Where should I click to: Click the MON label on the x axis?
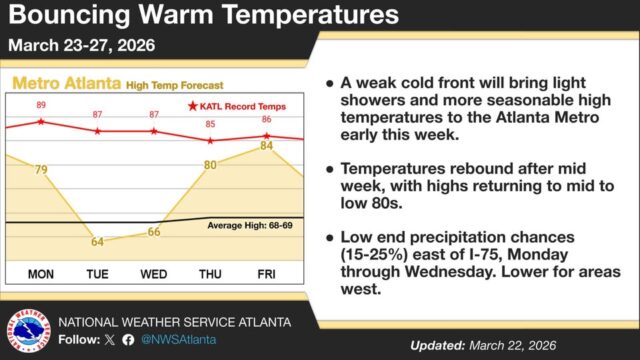pos(41,273)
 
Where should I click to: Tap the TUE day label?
pos(97,273)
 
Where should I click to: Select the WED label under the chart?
pos(153,273)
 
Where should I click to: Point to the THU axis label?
pos(210,273)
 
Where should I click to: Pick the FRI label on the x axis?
pos(266,273)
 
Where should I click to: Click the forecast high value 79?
pos(41,170)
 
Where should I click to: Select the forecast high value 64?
pos(97,241)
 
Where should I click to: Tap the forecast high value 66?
pos(153,232)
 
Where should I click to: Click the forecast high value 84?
pos(266,146)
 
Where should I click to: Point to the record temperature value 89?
pos(41,105)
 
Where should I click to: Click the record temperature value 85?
pos(210,124)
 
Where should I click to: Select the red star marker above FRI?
pos(266,135)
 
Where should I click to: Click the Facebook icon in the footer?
pos(128,340)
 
